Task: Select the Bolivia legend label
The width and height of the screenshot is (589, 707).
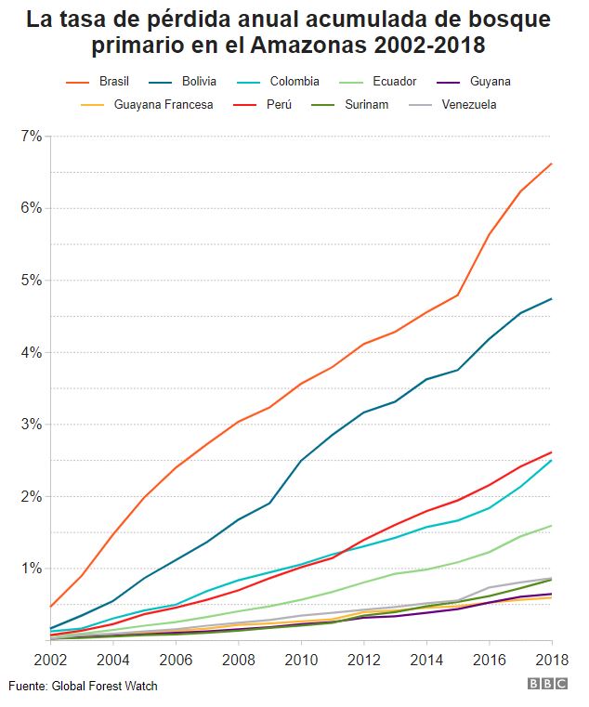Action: [x=199, y=81]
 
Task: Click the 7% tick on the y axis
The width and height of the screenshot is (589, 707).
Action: [x=32, y=136]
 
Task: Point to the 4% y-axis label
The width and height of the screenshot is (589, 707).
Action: [x=32, y=352]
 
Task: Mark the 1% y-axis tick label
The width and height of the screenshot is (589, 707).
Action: [x=32, y=569]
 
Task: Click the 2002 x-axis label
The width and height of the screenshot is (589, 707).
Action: [x=50, y=660]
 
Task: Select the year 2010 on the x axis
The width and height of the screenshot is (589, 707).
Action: [x=301, y=660]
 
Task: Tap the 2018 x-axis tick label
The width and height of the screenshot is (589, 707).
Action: [x=552, y=660]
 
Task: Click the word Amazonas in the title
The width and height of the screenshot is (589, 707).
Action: [x=309, y=46]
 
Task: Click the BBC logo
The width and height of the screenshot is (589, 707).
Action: [x=547, y=684]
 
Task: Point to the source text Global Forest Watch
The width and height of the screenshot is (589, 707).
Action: [x=105, y=686]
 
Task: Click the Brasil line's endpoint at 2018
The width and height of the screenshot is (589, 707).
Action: [x=552, y=164]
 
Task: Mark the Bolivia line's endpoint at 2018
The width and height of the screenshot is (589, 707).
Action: [x=552, y=298]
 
